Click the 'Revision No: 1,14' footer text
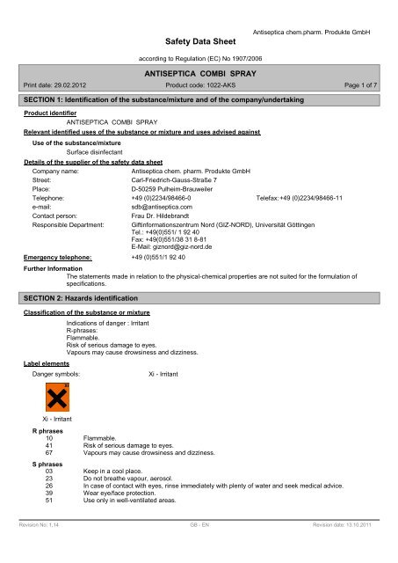coord(42,546)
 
